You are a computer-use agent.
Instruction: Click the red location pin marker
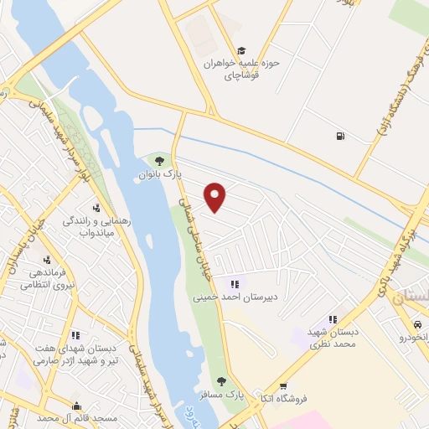[216, 197]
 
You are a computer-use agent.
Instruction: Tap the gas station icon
[339, 136]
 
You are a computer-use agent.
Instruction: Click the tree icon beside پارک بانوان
[159, 160]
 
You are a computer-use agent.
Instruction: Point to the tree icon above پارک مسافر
[222, 382]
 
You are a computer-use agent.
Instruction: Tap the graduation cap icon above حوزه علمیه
[241, 50]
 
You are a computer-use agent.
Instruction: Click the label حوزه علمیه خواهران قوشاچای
[242, 70]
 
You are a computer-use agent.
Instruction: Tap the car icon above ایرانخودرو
[416, 324]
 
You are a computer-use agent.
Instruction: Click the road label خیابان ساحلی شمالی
[192, 226]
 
